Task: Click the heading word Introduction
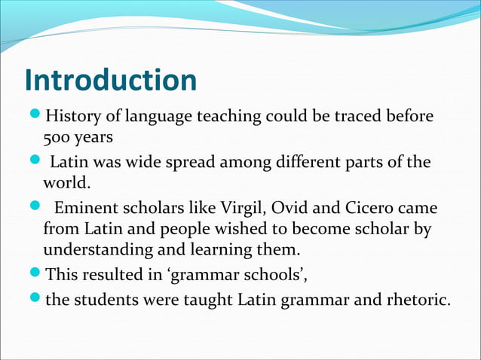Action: (x=110, y=81)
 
